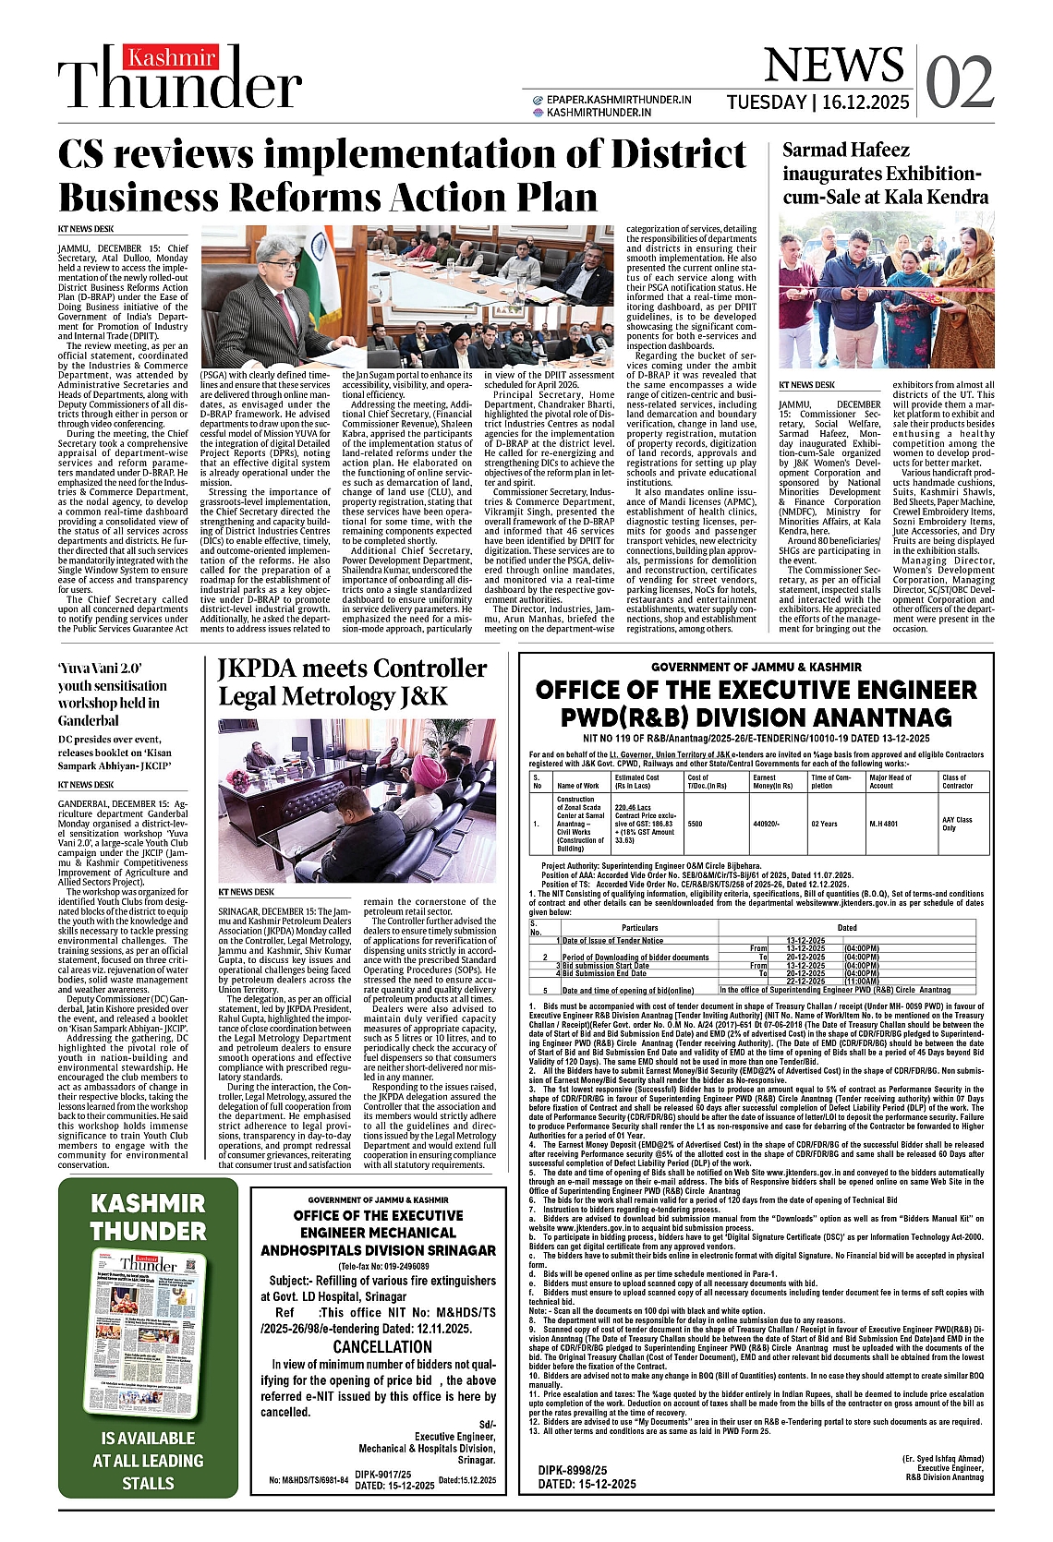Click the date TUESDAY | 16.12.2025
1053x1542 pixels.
[x=817, y=102]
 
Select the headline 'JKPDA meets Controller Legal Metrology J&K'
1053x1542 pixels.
[x=352, y=681]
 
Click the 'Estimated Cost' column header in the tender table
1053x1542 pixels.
[x=636, y=781]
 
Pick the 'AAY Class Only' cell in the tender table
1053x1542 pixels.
[x=957, y=823]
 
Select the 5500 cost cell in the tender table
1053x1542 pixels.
[x=695, y=823]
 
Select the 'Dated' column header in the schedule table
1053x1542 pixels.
[x=846, y=927]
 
